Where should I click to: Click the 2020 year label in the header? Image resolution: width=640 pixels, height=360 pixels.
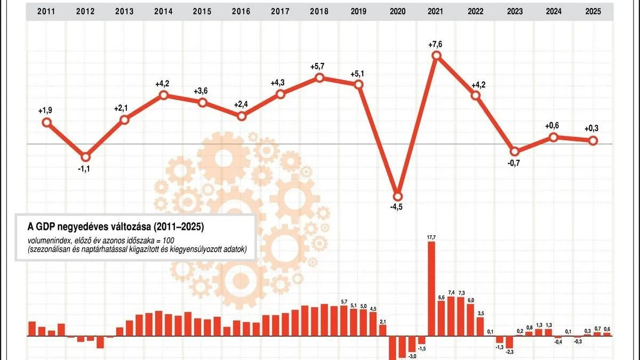397,11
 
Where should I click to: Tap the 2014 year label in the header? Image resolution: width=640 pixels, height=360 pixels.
163,11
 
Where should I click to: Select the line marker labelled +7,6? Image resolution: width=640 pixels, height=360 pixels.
437,55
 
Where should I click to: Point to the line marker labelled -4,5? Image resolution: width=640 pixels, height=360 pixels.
397,195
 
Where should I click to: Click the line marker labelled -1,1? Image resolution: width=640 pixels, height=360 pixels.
85,157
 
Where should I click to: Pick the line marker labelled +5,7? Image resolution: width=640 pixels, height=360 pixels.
319,77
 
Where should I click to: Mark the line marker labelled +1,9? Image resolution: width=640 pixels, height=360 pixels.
46,122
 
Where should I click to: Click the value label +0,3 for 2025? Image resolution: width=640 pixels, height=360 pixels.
593,129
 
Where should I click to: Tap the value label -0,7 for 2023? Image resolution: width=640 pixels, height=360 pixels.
515,163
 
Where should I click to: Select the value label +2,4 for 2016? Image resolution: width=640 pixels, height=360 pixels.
241,104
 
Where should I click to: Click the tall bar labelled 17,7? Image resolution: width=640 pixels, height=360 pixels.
431,289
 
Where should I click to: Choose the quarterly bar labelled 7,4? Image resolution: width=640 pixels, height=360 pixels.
451,316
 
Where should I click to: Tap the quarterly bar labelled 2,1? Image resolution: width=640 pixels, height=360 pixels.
383,330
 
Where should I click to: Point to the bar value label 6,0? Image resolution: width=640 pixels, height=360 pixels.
471,300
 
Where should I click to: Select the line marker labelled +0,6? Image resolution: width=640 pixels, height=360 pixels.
554,137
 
